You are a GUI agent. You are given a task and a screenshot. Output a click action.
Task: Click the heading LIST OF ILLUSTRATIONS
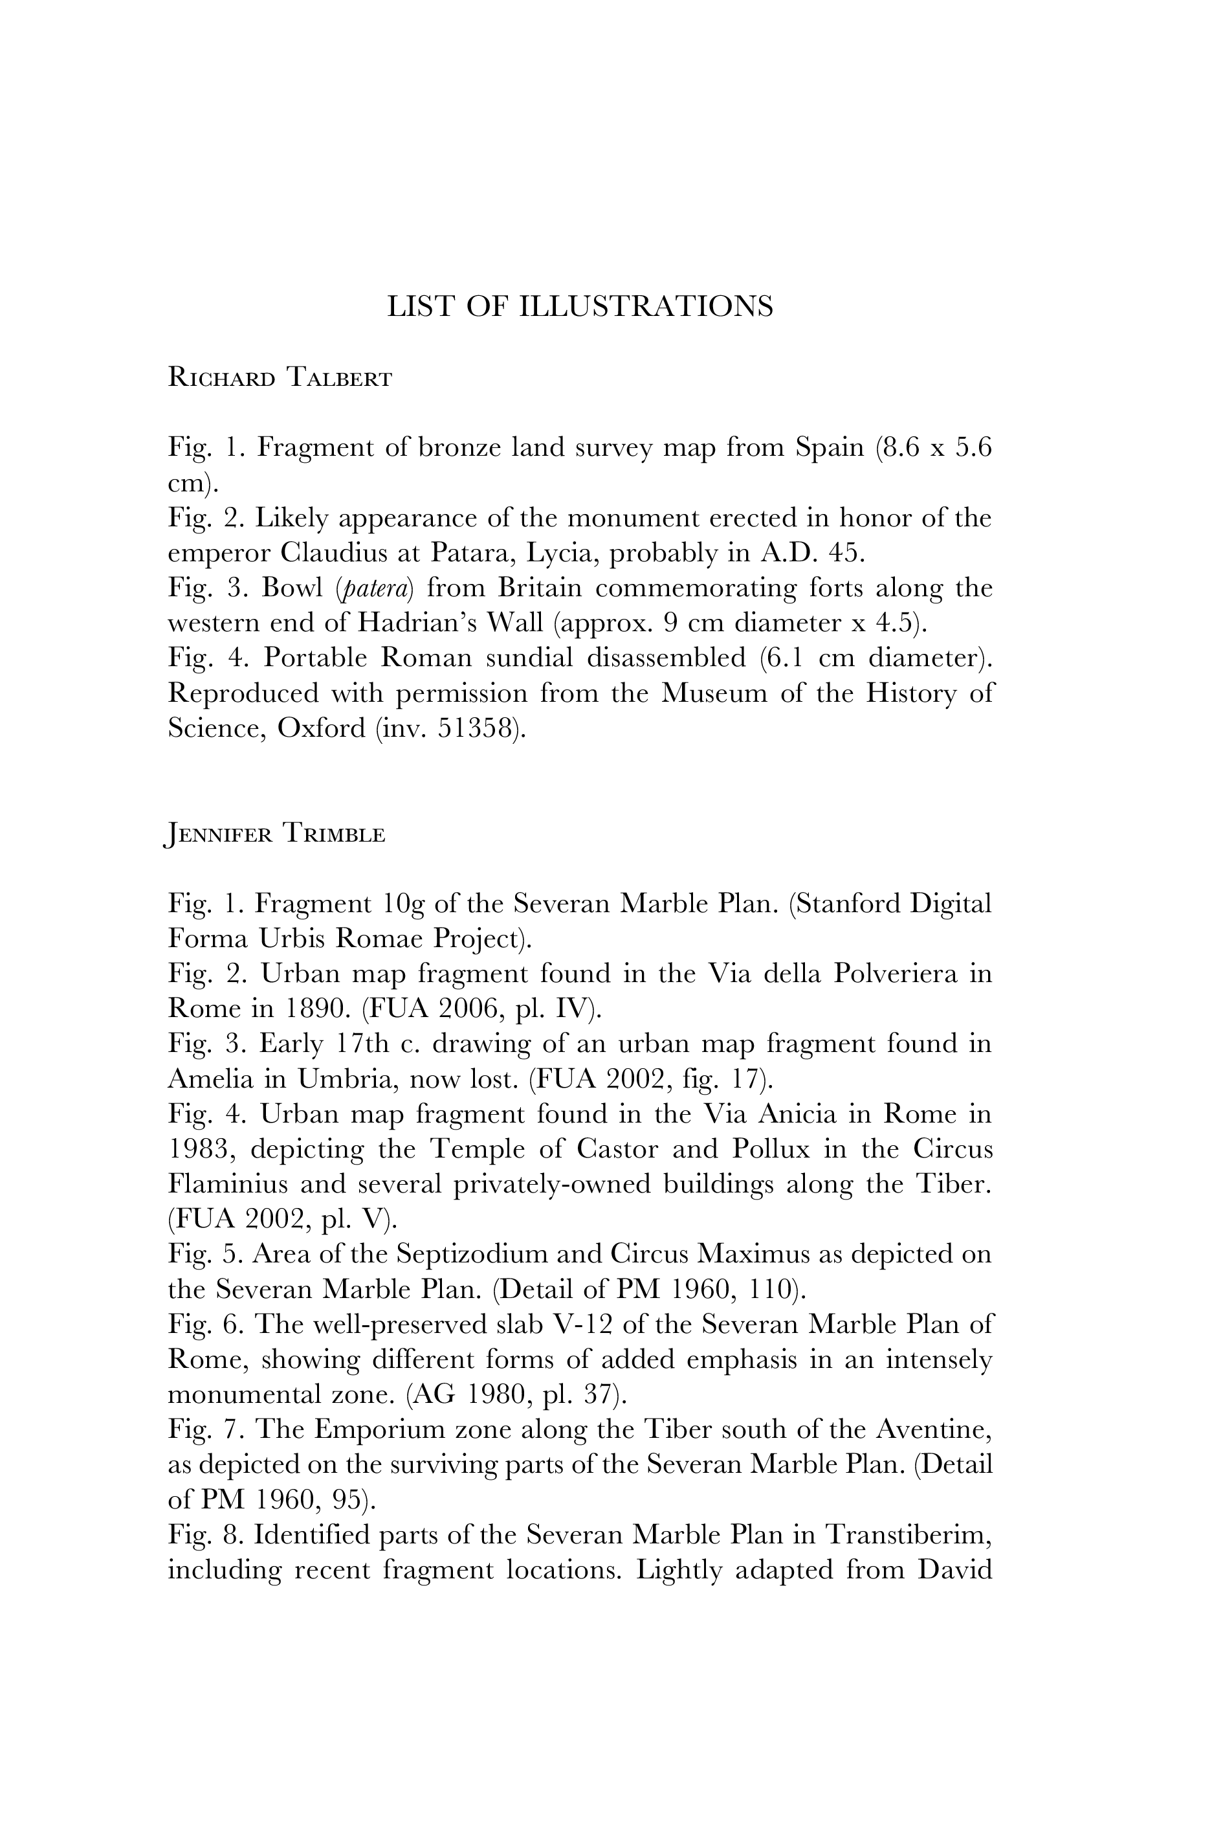[x=580, y=307]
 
